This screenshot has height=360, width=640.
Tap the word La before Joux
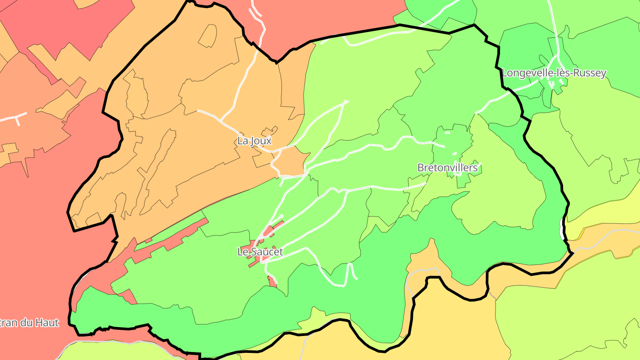[243, 141]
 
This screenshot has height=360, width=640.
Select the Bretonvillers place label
[447, 168]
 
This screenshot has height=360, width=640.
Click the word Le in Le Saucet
[243, 252]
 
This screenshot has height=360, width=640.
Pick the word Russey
[591, 73]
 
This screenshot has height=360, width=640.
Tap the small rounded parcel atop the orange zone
[208, 36]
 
